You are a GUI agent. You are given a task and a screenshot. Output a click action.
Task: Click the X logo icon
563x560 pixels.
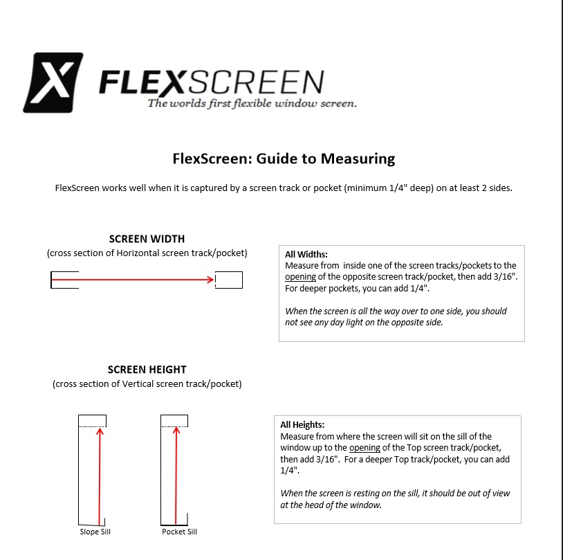pos(53,82)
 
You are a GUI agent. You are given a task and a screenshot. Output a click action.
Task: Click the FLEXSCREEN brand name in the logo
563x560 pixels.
pos(211,82)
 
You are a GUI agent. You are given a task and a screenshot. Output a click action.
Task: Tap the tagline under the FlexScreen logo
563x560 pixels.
pos(252,104)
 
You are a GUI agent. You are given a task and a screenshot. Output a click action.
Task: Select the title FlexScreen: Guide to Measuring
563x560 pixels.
pos(284,159)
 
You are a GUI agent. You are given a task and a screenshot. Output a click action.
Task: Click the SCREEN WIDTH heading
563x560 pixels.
pos(147,239)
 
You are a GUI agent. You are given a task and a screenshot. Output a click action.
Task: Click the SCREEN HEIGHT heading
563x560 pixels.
pos(147,370)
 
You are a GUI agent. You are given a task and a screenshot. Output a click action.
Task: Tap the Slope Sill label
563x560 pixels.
pos(95,532)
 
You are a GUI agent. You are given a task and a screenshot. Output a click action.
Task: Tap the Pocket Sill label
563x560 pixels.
pos(180,532)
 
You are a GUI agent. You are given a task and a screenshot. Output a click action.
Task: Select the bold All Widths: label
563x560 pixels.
pos(306,255)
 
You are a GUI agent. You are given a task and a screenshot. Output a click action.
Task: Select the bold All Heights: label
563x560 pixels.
pos(302,425)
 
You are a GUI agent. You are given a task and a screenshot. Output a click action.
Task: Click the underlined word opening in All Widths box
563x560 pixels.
pos(301,277)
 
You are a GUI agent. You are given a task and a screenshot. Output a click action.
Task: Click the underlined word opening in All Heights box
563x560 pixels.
pos(364,448)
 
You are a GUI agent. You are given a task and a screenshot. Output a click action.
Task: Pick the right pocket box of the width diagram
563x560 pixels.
pos(229,280)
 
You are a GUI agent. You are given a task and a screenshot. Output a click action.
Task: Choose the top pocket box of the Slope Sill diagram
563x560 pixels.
pos(92,421)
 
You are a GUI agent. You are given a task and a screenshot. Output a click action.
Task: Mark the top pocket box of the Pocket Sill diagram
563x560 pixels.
pos(174,421)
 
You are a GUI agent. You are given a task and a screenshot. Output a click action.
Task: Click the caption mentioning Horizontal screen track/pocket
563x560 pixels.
pos(147,253)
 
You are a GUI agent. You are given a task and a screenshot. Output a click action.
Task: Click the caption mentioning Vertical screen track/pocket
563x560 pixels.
pos(147,384)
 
